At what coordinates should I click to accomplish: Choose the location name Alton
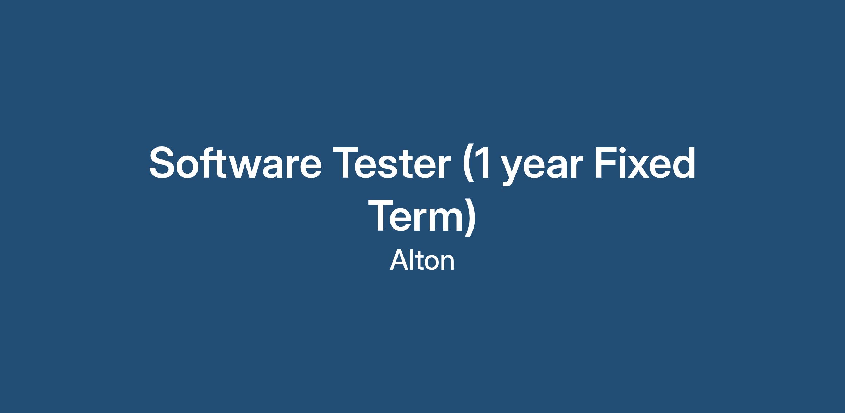click(x=422, y=261)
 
